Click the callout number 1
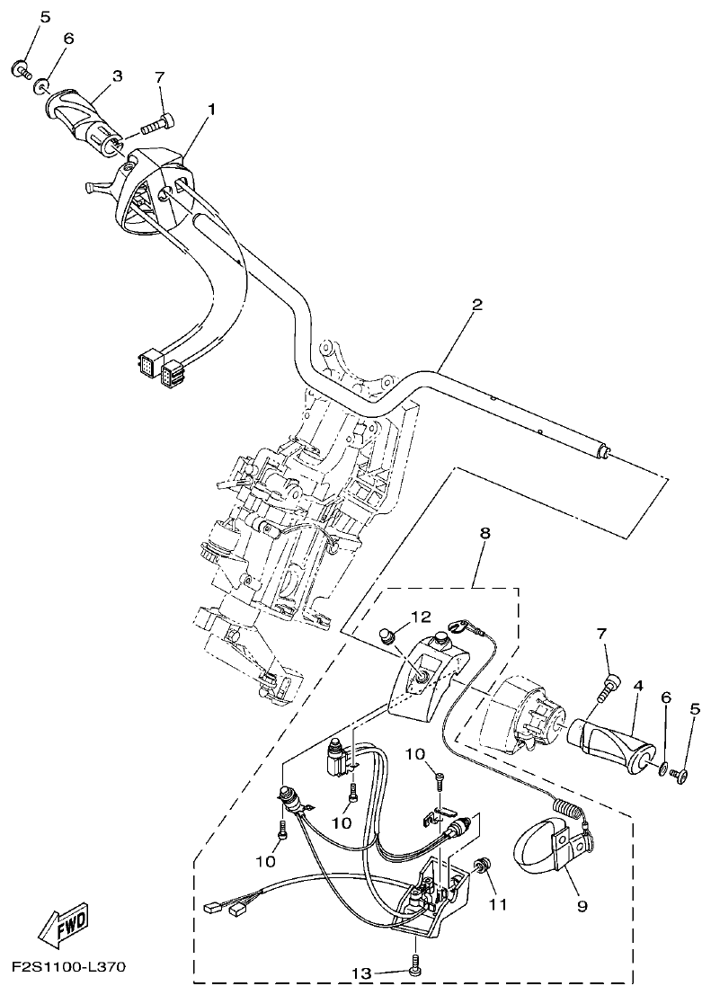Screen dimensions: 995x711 (x=212, y=109)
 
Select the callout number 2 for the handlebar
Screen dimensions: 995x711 (x=476, y=305)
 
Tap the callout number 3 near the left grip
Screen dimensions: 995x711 (x=117, y=77)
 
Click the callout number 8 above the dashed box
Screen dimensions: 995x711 (x=485, y=533)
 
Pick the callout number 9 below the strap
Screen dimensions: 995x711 (x=582, y=906)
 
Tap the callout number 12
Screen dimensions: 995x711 (x=422, y=617)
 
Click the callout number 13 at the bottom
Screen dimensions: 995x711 (x=360, y=973)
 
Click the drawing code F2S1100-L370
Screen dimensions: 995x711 (x=68, y=968)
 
